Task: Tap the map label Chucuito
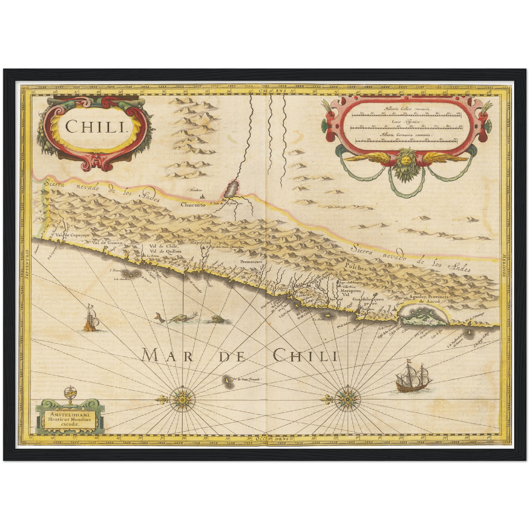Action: pyautogui.click(x=193, y=205)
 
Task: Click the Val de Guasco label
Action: pyautogui.click(x=106, y=243)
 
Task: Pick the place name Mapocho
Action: pyautogui.click(x=200, y=242)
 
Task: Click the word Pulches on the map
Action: pyautogui.click(x=356, y=268)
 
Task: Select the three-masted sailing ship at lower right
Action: pyautogui.click(x=412, y=377)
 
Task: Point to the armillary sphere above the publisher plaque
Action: pyautogui.click(x=69, y=394)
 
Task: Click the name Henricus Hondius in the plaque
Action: pyautogui.click(x=70, y=419)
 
